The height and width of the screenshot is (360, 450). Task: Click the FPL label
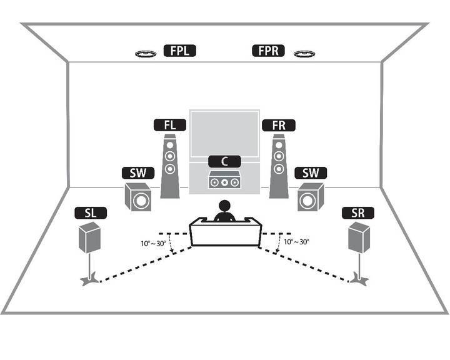point(179,51)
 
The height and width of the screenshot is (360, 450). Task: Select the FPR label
point(268,51)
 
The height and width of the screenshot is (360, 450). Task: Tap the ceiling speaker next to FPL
point(146,54)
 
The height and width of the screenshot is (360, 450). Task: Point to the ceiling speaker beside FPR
point(304,54)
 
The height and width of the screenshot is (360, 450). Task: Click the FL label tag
point(170,125)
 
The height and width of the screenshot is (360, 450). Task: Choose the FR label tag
point(279,125)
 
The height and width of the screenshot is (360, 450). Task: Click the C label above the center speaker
point(224,161)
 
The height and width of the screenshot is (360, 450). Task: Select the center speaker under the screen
point(224,180)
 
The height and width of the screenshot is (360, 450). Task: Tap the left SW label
point(138,173)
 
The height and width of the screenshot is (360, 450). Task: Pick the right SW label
point(311,173)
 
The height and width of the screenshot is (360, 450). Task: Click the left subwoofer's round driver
point(141,201)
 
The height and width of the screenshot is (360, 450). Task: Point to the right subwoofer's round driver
point(307,201)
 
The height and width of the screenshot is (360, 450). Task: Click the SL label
point(91,213)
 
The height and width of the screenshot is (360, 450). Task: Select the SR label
point(358,213)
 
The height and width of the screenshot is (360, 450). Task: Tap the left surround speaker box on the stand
point(90,237)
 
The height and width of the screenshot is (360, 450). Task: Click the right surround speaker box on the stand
point(359,237)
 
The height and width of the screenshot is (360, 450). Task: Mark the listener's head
point(224,206)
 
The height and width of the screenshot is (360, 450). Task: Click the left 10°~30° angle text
point(153,244)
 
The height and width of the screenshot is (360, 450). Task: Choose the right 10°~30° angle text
point(296,242)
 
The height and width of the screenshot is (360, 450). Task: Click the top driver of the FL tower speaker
point(170,145)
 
